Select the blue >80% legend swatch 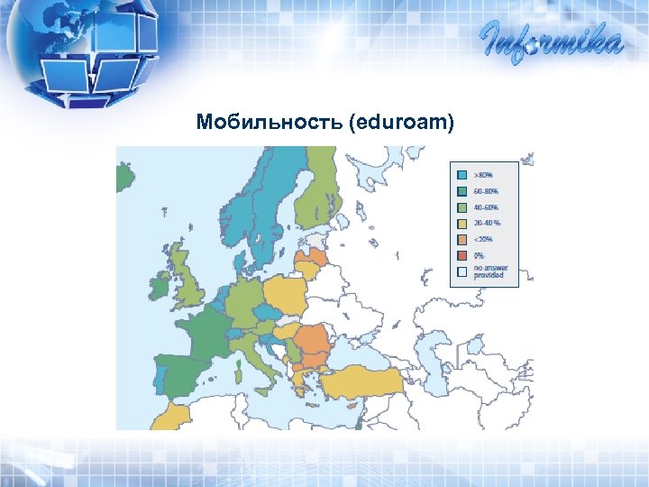(x=462, y=174)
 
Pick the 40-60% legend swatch (x=462, y=207)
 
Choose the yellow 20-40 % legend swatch (x=462, y=223)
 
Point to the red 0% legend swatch (x=462, y=255)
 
